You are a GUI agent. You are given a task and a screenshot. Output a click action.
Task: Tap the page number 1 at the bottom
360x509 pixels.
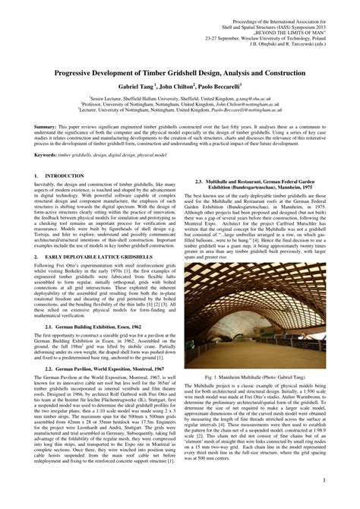click(x=324, y=480)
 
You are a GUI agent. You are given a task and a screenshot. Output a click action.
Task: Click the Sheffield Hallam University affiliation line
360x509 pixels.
click(x=179, y=98)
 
